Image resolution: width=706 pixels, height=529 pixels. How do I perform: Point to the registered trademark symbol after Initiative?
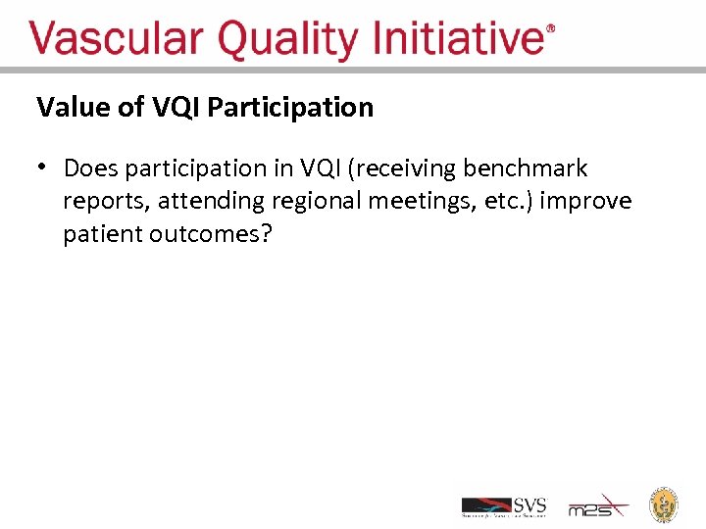click(x=550, y=30)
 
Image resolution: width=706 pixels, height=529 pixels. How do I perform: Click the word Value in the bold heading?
click(x=74, y=107)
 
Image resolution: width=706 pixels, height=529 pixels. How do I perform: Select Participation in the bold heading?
click(x=290, y=108)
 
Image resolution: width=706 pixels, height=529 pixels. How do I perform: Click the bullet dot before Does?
click(x=43, y=168)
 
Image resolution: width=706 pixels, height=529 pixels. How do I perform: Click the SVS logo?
click(x=504, y=506)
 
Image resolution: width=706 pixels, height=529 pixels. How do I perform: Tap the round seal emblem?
click(x=665, y=504)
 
